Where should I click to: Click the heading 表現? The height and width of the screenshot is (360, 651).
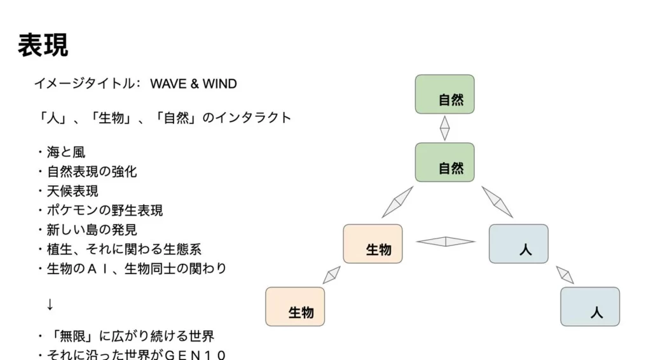click(43, 46)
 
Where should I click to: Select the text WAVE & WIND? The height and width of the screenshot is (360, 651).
click(193, 84)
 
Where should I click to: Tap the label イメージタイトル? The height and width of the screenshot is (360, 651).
click(84, 84)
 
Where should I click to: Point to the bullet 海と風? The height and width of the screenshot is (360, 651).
click(65, 152)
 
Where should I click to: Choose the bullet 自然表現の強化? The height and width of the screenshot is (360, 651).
click(92, 171)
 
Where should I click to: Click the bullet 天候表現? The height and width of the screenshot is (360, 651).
click(72, 190)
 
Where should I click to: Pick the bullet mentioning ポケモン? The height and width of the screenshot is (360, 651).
click(104, 210)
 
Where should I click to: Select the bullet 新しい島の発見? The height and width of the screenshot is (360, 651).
click(92, 229)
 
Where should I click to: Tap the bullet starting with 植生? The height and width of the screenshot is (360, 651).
click(123, 249)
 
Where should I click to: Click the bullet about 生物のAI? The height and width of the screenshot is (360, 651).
click(136, 268)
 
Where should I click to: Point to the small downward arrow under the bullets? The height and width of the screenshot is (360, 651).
click(50, 305)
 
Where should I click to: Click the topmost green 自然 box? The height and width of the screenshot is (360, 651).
click(444, 94)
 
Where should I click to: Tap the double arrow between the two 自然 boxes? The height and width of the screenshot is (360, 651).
click(444, 128)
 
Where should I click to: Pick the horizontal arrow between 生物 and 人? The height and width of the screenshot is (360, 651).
click(445, 242)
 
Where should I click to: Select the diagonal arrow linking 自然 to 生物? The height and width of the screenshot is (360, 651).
click(398, 202)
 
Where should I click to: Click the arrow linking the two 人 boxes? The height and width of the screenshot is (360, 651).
click(565, 275)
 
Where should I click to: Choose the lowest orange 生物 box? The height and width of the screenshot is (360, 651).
click(295, 307)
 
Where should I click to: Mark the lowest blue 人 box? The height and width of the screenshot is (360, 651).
click(589, 307)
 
